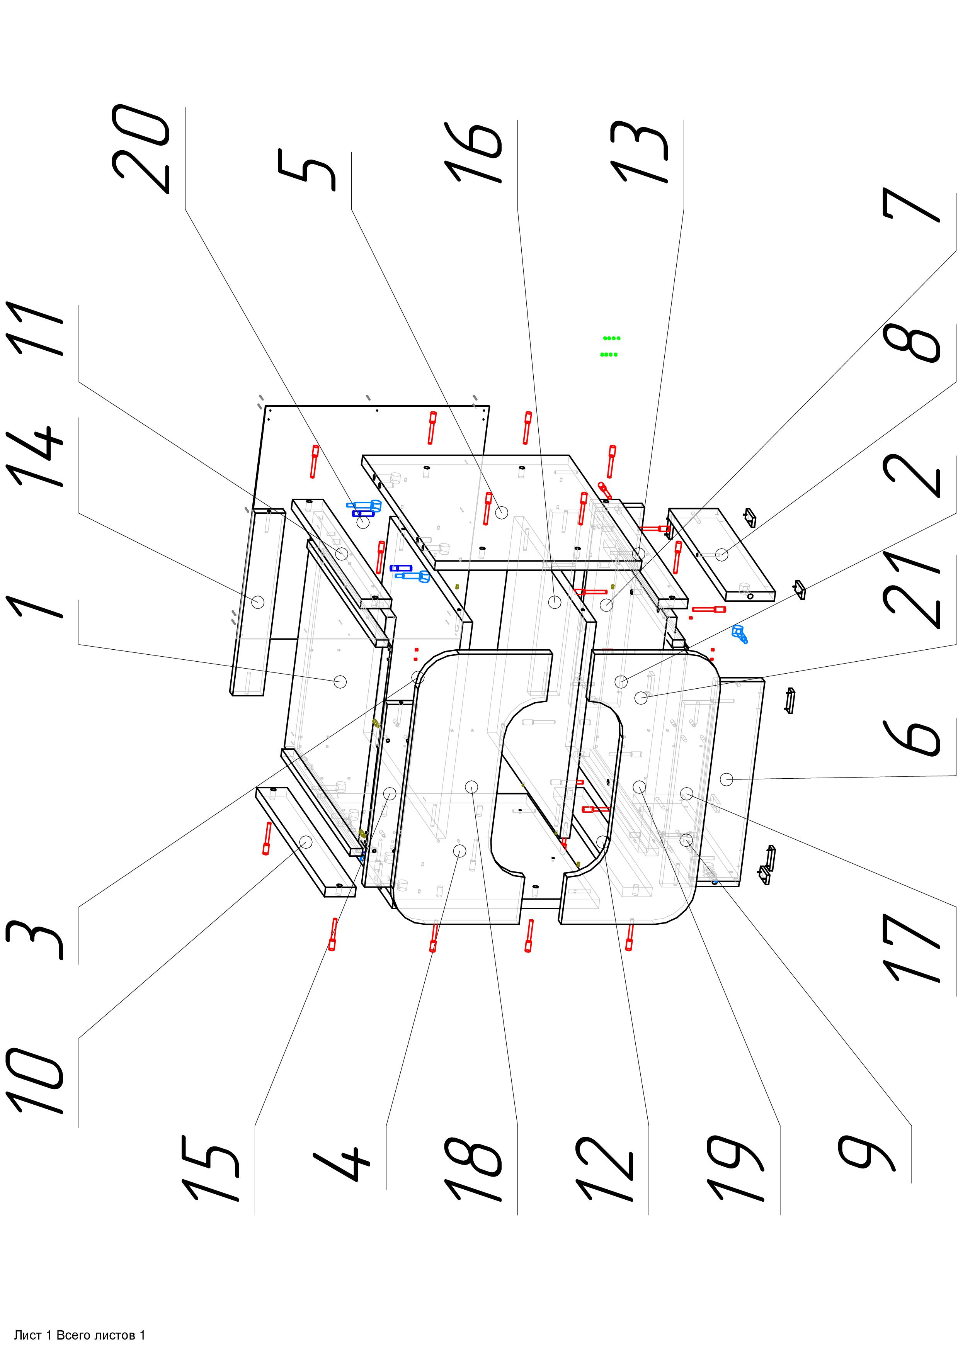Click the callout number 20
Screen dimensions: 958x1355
point(141,149)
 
